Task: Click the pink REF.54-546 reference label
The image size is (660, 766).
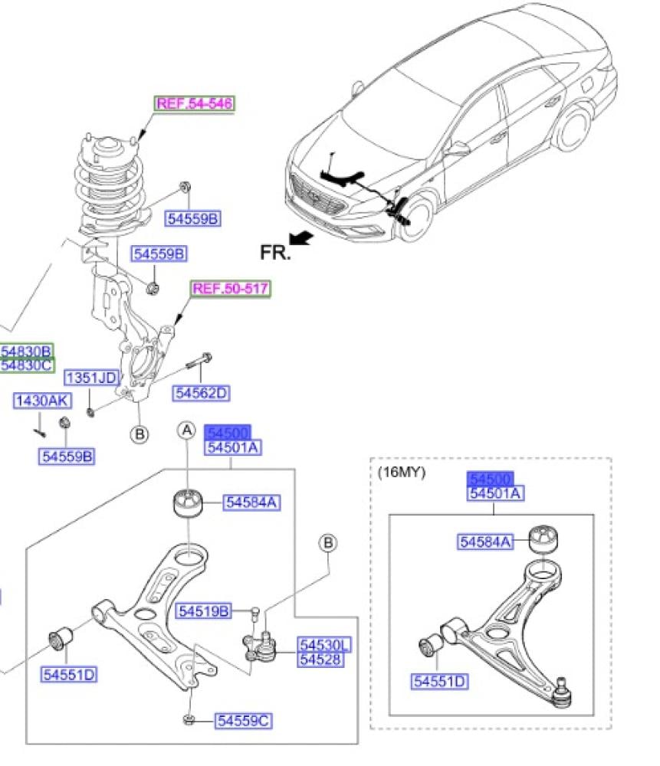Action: tap(195, 103)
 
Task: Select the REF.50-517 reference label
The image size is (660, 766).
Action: tap(231, 289)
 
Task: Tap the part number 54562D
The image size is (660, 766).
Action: tap(202, 393)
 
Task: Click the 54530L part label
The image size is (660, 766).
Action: tap(324, 646)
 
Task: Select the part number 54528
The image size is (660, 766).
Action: tap(320, 660)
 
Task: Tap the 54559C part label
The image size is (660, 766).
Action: tap(244, 720)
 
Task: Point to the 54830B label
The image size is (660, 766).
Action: tap(26, 351)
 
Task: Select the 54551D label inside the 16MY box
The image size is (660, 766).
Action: tap(440, 681)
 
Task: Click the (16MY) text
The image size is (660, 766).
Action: tap(401, 472)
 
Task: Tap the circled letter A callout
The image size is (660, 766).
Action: tap(187, 430)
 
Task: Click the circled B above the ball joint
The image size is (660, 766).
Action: tap(328, 543)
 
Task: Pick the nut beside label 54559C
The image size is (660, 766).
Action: tap(189, 719)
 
